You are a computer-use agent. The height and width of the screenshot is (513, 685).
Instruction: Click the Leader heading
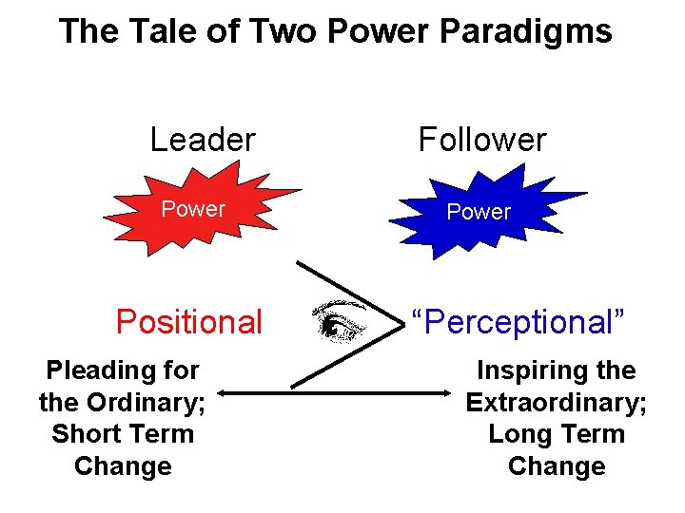(203, 141)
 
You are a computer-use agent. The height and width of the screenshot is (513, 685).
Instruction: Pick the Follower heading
(482, 141)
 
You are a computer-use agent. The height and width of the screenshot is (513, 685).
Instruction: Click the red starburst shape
(194, 209)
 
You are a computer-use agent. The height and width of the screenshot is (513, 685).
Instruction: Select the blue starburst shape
(479, 211)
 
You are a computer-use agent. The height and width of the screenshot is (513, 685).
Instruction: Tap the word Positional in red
(188, 322)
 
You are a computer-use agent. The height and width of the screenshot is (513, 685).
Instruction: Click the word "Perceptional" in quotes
(518, 322)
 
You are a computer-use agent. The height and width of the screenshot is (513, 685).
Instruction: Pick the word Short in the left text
(88, 434)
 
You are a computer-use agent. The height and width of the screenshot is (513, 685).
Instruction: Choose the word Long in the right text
(519, 434)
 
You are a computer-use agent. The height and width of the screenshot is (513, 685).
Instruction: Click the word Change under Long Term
(557, 466)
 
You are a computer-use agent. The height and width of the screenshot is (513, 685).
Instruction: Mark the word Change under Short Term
(123, 466)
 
